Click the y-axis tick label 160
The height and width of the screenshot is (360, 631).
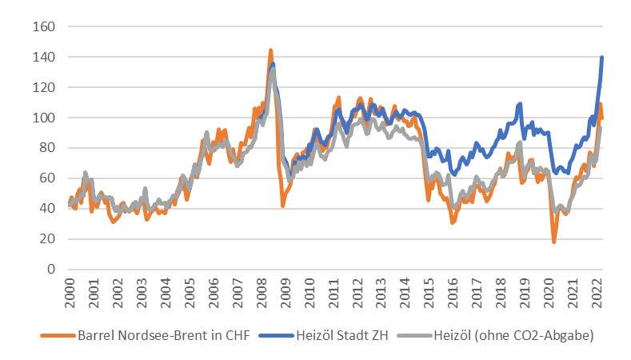coord(44,26)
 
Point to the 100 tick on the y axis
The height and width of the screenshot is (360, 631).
coord(44,118)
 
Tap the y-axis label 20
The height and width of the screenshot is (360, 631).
coord(47,238)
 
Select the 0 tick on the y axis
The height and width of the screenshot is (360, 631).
coord(50,269)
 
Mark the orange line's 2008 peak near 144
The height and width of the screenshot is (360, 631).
coord(270,50)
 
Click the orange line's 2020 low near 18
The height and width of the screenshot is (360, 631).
coord(553,241)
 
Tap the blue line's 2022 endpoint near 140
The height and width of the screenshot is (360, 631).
coord(601,57)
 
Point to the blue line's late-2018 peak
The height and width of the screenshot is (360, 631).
coord(521,103)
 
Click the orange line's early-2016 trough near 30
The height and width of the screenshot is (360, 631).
coord(453,222)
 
